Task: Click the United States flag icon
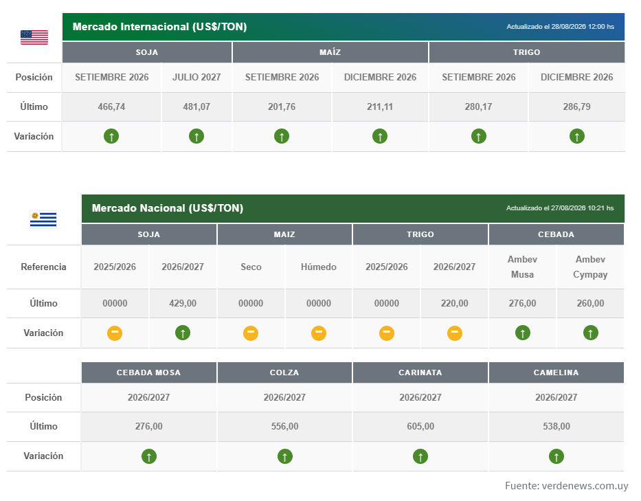pos(34,37)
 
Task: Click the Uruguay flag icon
pos(43,219)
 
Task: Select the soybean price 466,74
pos(111,107)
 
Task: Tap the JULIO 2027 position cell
pos(196,77)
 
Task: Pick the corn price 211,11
pos(380,107)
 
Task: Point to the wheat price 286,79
pos(577,107)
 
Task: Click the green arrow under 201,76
pos(282,136)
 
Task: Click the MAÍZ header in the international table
pos(330,52)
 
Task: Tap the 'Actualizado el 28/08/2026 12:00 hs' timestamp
pos(560,27)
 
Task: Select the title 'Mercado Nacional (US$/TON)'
pos(168,208)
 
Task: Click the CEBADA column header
pos(556,234)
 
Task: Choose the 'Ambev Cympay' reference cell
pos(590,267)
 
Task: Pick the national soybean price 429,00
pos(183,304)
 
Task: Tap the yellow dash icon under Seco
pos(251,333)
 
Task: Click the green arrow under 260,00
pos(590,333)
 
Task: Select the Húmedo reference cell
pos(319,267)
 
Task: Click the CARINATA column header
pos(420,372)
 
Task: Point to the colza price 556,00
pos(285,426)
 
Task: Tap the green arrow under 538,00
pos(556,456)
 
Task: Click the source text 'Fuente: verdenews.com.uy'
pos(567,485)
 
